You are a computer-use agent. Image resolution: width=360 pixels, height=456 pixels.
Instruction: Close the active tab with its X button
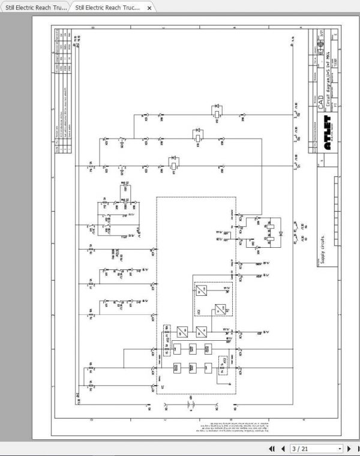(x=149, y=7)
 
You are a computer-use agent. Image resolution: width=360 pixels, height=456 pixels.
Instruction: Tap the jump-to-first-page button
(x=272, y=448)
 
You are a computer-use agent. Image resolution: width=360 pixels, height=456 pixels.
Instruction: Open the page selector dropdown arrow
(x=340, y=448)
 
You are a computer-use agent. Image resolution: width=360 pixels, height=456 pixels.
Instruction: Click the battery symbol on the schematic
(x=191, y=406)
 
